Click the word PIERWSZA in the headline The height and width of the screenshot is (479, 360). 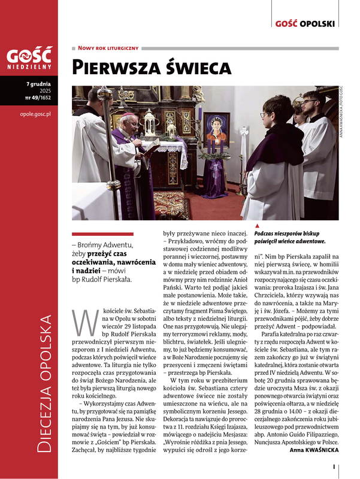pos(114,67)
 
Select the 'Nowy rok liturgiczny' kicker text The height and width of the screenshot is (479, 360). pos(108,47)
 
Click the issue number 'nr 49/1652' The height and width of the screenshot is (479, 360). pos(38,97)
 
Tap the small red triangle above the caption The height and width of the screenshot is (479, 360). pos(257,225)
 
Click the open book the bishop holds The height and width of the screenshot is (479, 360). pos(152,148)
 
